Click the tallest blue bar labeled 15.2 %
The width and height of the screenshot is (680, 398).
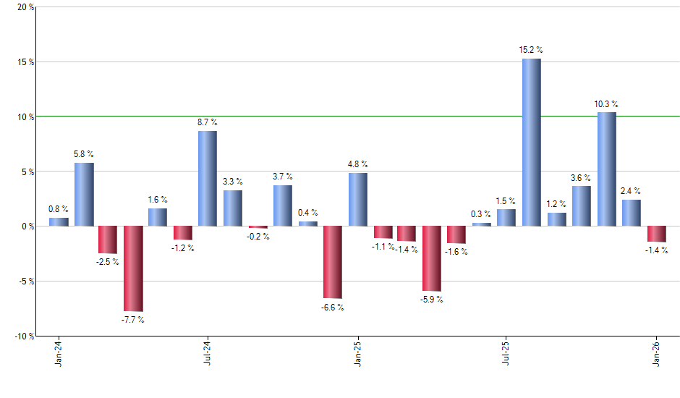click(531, 142)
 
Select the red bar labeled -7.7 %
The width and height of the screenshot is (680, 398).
click(133, 268)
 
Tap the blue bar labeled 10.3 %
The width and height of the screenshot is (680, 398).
click(606, 169)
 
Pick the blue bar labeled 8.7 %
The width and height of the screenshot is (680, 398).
click(208, 178)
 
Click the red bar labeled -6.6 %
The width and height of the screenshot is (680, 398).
click(332, 262)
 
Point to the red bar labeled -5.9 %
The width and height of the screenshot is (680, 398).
click(432, 258)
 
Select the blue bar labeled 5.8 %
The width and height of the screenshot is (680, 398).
click(83, 194)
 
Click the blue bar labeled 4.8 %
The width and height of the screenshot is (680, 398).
click(357, 199)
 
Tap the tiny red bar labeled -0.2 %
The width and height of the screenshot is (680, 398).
click(258, 227)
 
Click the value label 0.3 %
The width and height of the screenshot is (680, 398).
click(480, 213)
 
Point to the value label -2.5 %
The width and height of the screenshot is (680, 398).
click(108, 261)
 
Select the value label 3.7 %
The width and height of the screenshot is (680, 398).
click(283, 176)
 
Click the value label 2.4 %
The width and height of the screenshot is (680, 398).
click(632, 190)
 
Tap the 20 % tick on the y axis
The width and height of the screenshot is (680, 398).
click(26, 7)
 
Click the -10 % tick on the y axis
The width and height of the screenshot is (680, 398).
click(25, 336)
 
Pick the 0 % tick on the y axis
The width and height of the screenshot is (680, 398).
click(28, 226)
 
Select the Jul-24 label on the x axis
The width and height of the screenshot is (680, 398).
click(208, 354)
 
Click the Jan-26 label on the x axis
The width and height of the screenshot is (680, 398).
click(657, 354)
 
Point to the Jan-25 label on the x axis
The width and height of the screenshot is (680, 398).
click(357, 354)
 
